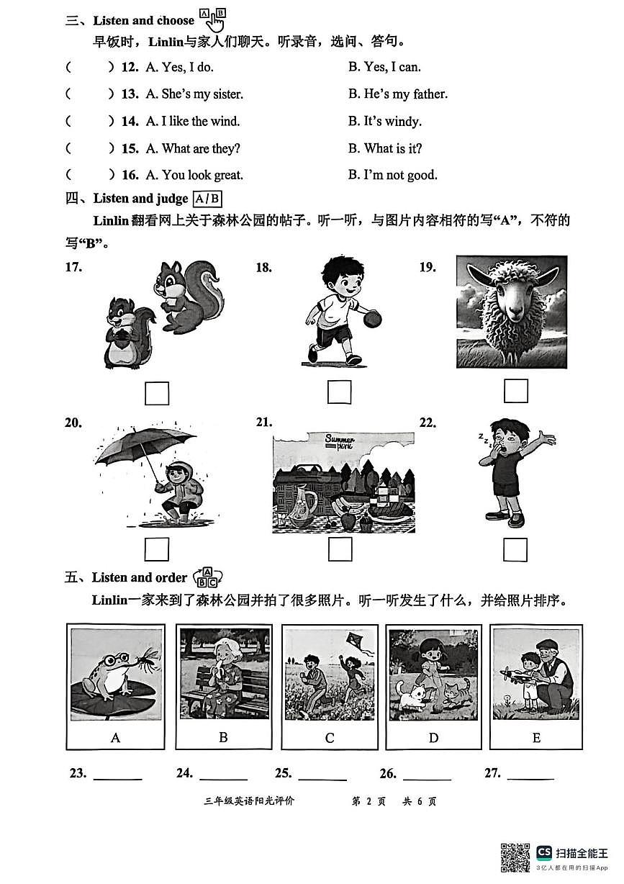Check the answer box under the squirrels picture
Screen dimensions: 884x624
(157, 393)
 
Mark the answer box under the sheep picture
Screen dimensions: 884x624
(515, 391)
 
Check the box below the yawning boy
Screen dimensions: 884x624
(515, 549)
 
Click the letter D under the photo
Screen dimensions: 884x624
(433, 738)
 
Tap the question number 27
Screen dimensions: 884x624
(492, 773)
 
